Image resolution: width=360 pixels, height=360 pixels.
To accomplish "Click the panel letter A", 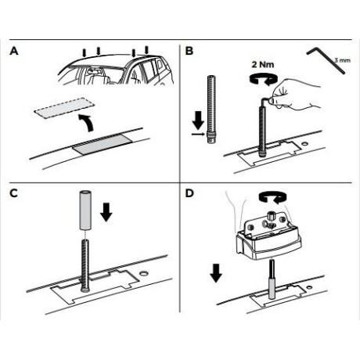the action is click(x=14, y=51).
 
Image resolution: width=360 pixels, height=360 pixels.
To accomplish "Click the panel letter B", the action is click(x=189, y=51).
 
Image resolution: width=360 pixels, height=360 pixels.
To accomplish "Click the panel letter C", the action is click(x=13, y=193).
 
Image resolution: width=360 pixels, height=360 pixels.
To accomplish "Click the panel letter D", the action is click(x=189, y=193).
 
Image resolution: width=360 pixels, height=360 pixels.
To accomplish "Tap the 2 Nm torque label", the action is click(x=263, y=64).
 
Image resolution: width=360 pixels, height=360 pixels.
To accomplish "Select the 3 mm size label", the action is click(x=342, y=60).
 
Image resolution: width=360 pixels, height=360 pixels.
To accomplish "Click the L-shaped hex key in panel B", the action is click(x=326, y=60).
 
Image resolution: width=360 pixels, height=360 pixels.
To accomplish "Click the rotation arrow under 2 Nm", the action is click(x=263, y=79).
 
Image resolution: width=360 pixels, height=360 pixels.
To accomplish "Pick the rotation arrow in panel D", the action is click(x=272, y=196).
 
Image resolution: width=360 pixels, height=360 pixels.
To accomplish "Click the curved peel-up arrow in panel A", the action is click(x=87, y=122).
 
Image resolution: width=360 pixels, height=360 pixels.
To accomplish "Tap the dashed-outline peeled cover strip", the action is click(x=64, y=108).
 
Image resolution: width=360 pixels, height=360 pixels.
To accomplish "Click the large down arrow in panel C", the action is click(x=106, y=212).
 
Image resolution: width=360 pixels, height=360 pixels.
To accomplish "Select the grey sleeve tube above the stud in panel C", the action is click(x=85, y=211).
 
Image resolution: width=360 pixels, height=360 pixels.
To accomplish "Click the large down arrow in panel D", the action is click(x=216, y=273).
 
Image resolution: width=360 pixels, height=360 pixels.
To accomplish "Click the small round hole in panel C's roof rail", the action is click(x=143, y=274).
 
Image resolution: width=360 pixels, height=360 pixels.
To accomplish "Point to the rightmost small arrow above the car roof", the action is click(x=146, y=50).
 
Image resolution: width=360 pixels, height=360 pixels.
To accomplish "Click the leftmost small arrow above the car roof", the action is click(x=84, y=53).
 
